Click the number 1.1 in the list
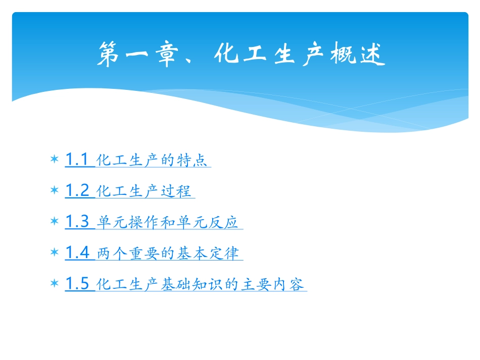point(77,160)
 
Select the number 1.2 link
point(77,191)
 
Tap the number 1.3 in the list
point(77,222)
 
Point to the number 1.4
point(77,253)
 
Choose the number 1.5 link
point(77,284)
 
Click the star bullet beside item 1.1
point(54,160)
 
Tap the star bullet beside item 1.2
point(54,191)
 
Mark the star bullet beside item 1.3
point(54,222)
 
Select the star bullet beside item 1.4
point(54,253)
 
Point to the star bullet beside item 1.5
point(54,284)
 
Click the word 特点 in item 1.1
point(191,161)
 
